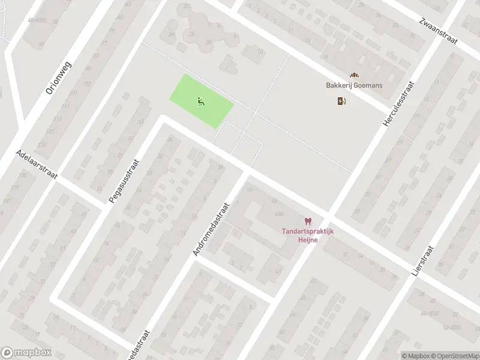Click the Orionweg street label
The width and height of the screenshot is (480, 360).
point(58,77)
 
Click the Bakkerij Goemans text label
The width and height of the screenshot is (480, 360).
point(354,85)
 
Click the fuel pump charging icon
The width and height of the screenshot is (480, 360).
point(342,101)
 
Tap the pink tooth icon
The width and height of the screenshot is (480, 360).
point(308,221)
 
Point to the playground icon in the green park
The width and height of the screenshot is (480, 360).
point(200,101)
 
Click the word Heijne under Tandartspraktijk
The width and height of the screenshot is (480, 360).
point(308,240)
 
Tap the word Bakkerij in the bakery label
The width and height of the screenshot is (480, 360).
point(339,85)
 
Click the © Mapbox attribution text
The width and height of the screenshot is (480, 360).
point(416,355)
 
